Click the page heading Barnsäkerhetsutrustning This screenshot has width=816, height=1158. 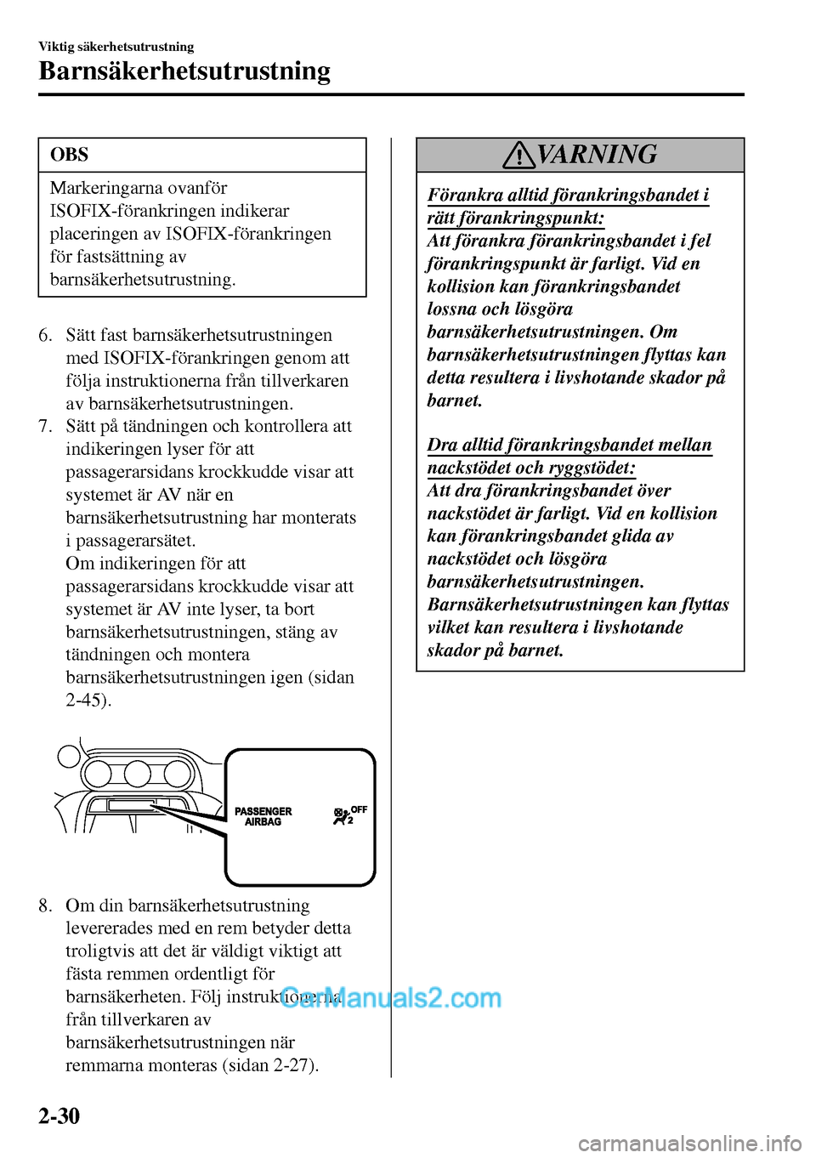point(184,71)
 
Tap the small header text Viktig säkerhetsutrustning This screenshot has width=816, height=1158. point(116,47)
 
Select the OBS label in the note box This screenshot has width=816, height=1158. point(69,155)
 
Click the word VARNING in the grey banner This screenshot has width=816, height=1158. point(597,154)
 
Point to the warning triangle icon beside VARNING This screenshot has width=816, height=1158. point(518,155)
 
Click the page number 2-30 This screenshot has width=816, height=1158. point(59,1115)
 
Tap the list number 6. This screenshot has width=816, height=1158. point(45,335)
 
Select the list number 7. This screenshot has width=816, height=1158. point(45,426)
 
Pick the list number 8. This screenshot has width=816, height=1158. point(45,905)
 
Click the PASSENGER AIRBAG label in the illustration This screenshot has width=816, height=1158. point(263,817)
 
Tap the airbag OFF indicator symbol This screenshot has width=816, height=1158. point(349,815)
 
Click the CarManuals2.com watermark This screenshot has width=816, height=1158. point(391,997)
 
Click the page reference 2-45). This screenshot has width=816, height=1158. point(88,701)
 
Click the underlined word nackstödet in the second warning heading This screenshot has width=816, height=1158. point(468,468)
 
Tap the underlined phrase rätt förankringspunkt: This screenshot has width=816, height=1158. point(515,218)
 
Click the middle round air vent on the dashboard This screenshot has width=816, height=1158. point(138,774)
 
